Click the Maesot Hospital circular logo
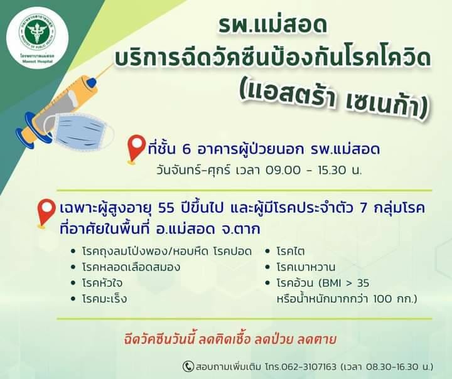point(37,36)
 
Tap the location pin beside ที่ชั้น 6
point(136,150)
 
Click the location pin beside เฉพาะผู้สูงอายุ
point(45,212)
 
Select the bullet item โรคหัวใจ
point(104,282)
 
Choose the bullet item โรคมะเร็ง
point(104,298)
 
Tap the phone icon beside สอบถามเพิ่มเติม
point(188,366)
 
